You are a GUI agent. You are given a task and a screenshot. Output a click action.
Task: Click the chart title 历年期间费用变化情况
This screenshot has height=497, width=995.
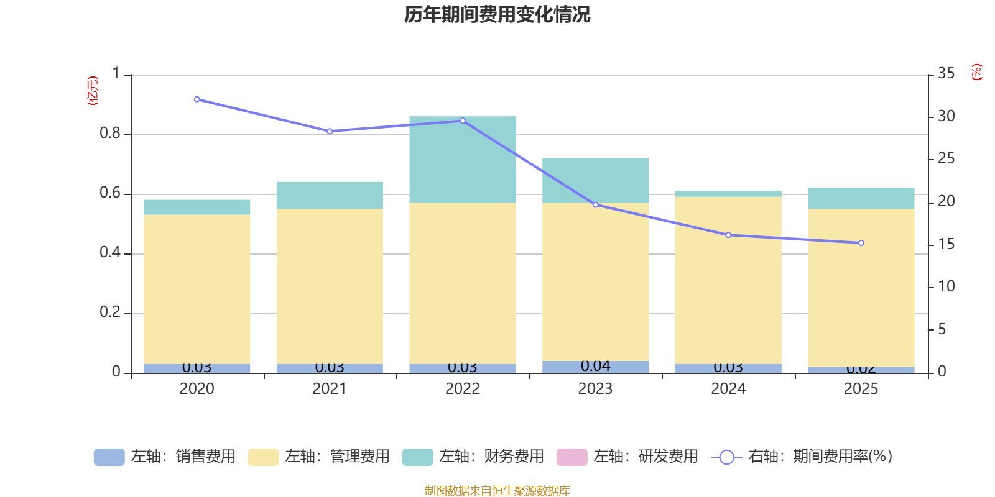(497, 14)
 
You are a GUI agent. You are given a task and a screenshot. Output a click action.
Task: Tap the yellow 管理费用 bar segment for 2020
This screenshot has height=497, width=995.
(197, 289)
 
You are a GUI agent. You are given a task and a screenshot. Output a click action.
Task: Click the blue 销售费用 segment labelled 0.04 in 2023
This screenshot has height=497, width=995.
(595, 367)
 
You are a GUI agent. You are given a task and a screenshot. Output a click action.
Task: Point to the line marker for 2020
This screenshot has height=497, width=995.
(197, 99)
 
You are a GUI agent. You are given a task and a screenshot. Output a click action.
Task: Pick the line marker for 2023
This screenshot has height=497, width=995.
(595, 204)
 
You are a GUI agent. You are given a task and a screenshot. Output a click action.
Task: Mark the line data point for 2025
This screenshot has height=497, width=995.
(861, 243)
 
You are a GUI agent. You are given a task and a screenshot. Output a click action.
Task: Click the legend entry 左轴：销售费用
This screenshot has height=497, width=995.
(165, 457)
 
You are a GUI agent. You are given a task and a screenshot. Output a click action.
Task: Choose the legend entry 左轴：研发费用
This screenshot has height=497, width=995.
(627, 457)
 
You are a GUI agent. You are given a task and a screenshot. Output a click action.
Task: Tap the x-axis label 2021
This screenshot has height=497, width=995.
(330, 389)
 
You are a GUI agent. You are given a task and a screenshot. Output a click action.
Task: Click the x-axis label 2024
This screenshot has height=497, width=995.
(728, 389)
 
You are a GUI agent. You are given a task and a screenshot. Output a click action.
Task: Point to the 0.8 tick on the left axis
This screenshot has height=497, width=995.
(110, 134)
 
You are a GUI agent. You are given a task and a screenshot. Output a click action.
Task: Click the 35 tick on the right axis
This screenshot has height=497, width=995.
(946, 74)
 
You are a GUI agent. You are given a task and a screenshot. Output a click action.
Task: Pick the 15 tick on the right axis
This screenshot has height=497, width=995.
(946, 244)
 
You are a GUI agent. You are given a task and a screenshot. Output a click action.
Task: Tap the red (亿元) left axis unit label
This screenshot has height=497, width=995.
(93, 91)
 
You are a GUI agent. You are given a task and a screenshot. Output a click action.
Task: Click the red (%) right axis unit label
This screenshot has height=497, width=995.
(976, 72)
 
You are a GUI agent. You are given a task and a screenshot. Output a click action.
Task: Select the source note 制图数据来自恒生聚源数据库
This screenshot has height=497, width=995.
(497, 491)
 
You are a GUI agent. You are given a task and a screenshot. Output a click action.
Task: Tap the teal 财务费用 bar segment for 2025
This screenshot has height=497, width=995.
(861, 198)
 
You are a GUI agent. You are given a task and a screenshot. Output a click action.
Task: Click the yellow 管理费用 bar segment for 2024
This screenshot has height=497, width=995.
(728, 280)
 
